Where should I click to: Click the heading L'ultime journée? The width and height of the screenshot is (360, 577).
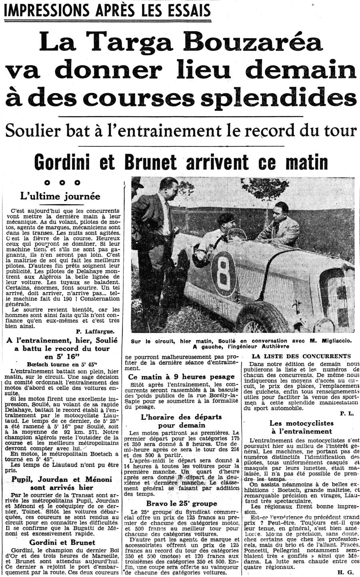(60, 196)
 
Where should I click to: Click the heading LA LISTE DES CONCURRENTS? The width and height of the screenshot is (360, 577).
(301, 356)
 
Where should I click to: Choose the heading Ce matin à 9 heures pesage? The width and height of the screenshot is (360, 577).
(182, 377)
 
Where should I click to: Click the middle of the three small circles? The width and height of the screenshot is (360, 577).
(62, 183)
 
